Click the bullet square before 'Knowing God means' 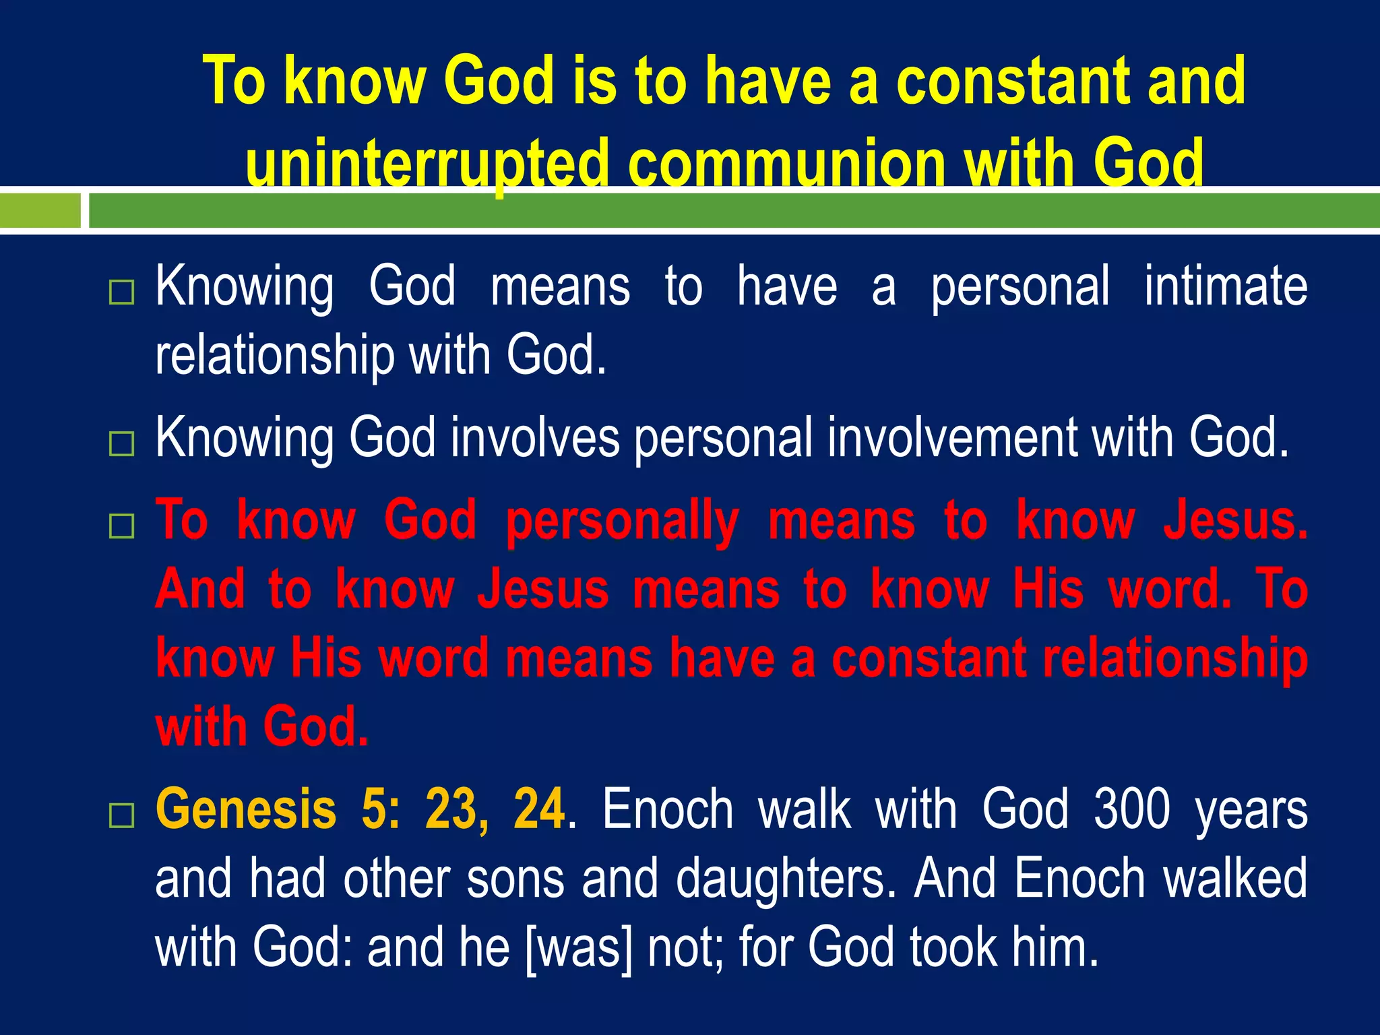[121, 292]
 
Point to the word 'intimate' [1226, 286]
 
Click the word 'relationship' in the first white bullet [275, 355]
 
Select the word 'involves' [535, 438]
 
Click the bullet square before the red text [121, 526]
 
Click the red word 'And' [200, 589]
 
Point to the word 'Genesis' [246, 809]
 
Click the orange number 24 [538, 809]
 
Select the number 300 [1131, 809]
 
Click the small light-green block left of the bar [40, 210]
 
